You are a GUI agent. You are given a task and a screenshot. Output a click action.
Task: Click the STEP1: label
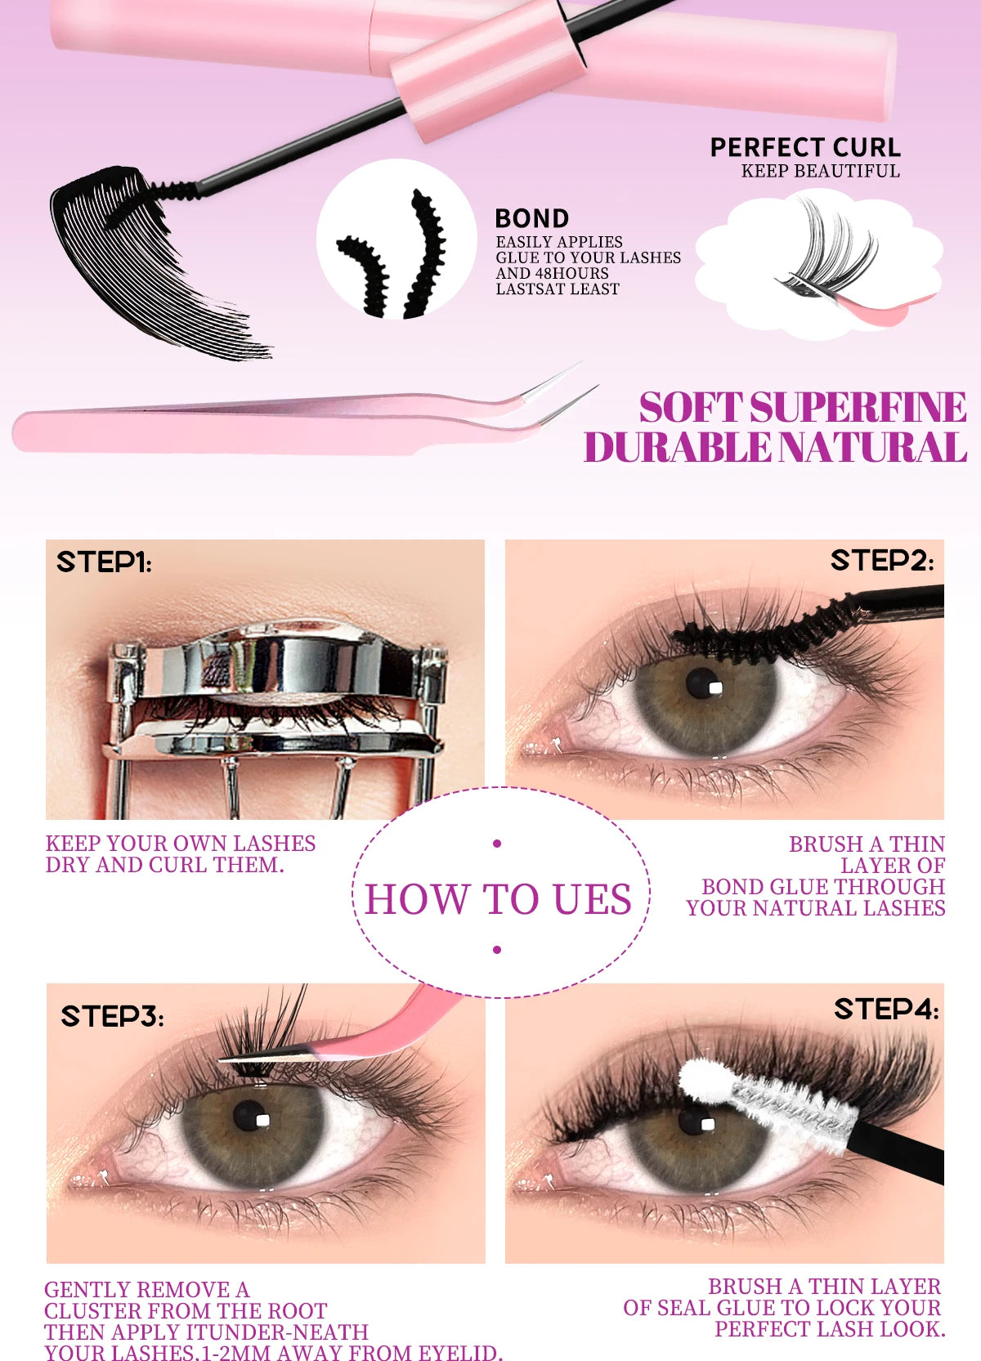(x=104, y=562)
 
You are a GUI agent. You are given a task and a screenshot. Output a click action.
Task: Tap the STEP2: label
(x=882, y=561)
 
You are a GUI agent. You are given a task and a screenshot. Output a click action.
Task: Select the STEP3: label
(x=112, y=1016)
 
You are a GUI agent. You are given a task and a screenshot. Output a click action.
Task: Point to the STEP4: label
(x=886, y=1010)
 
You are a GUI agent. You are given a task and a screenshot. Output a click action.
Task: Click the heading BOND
(x=532, y=219)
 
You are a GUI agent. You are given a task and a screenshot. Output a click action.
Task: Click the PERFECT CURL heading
(x=805, y=148)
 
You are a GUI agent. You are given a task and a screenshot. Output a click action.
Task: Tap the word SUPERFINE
(x=858, y=407)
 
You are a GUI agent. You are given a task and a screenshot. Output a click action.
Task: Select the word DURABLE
(x=678, y=448)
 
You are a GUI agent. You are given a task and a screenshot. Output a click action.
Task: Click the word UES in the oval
(x=592, y=899)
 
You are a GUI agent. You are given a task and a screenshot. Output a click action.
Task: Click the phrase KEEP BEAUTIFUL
(x=820, y=172)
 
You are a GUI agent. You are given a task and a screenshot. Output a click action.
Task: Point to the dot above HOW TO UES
(x=497, y=844)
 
